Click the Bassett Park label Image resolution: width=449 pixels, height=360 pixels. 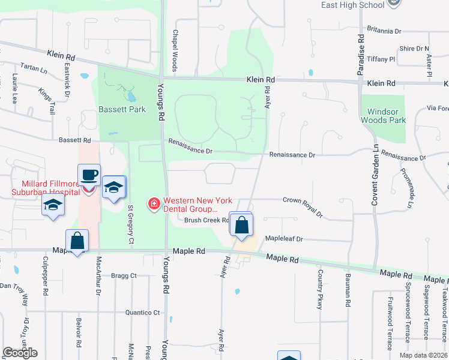[122, 110]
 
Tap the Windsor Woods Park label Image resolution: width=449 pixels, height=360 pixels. [383, 116]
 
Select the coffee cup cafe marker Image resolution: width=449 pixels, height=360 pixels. [89, 175]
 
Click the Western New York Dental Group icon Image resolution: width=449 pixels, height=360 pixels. [154, 205]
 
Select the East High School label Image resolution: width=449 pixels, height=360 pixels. [352, 5]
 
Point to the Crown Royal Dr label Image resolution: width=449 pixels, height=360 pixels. [302, 206]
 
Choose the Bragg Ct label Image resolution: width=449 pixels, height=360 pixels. [124, 276]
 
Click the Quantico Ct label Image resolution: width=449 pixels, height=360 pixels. [142, 313]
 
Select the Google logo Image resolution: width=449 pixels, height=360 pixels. [20, 352]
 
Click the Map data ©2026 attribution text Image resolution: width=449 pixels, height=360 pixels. [423, 355]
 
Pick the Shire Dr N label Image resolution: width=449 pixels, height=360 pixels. [414, 49]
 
